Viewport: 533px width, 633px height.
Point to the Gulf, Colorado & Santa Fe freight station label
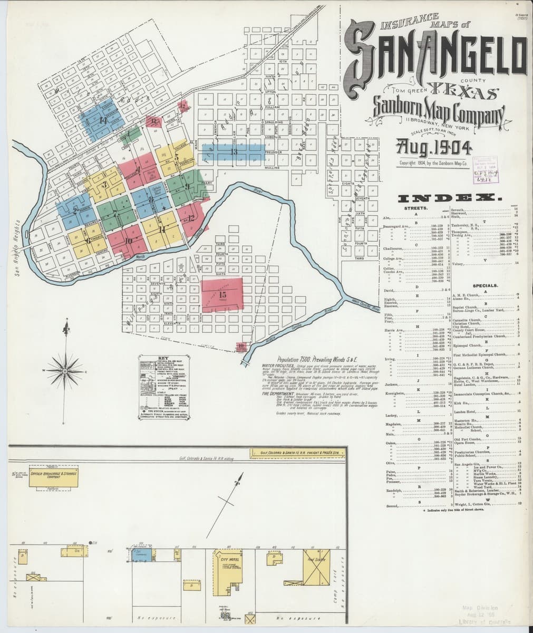298,452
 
